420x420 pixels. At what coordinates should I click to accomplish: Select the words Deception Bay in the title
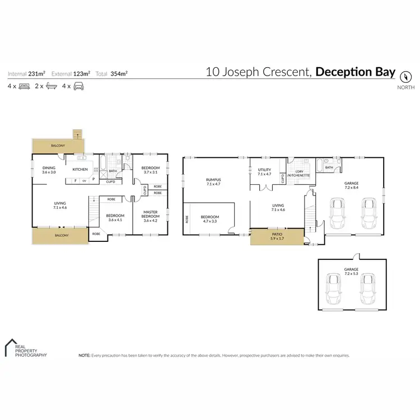pyautogui.click(x=356, y=72)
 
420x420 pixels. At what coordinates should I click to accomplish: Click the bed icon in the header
pyautogui.click(x=24, y=86)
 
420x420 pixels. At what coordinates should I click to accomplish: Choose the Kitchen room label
pyautogui.click(x=80, y=169)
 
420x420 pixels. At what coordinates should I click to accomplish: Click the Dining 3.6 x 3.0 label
pyautogui.click(x=49, y=170)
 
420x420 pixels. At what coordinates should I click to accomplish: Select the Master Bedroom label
pyautogui.click(x=151, y=216)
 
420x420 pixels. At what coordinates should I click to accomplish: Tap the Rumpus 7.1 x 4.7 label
pyautogui.click(x=213, y=181)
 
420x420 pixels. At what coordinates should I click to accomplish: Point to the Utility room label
pyautogui.click(x=264, y=172)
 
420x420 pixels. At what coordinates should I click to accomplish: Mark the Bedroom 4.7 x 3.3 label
pyautogui.click(x=211, y=219)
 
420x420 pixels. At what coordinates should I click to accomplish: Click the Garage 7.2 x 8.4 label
pyautogui.click(x=351, y=185)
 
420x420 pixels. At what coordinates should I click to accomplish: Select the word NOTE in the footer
pyautogui.click(x=85, y=355)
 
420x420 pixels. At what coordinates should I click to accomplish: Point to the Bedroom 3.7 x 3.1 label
pyautogui.click(x=151, y=170)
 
